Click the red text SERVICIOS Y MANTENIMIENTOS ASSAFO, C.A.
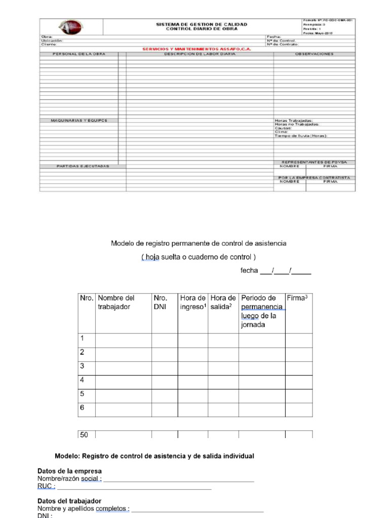tap(198, 49)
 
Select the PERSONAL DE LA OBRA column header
tap(79, 54)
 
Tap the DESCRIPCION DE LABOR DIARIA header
tap(200, 54)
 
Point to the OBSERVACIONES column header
tap(314, 54)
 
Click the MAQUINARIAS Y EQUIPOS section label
tap(79, 120)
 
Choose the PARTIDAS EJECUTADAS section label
tap(83, 166)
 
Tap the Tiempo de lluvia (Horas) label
tap(301, 136)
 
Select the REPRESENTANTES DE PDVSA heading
tap(314, 162)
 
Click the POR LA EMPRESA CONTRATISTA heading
tap(314, 178)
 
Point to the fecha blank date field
tap(285, 271)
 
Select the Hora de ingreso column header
tap(192, 303)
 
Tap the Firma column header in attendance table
tap(297, 298)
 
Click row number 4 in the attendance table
tap(82, 380)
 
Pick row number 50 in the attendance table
tap(84, 435)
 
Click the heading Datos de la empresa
tap(69, 471)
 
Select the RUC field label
tap(46, 486)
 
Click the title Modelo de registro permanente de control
tap(199, 243)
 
